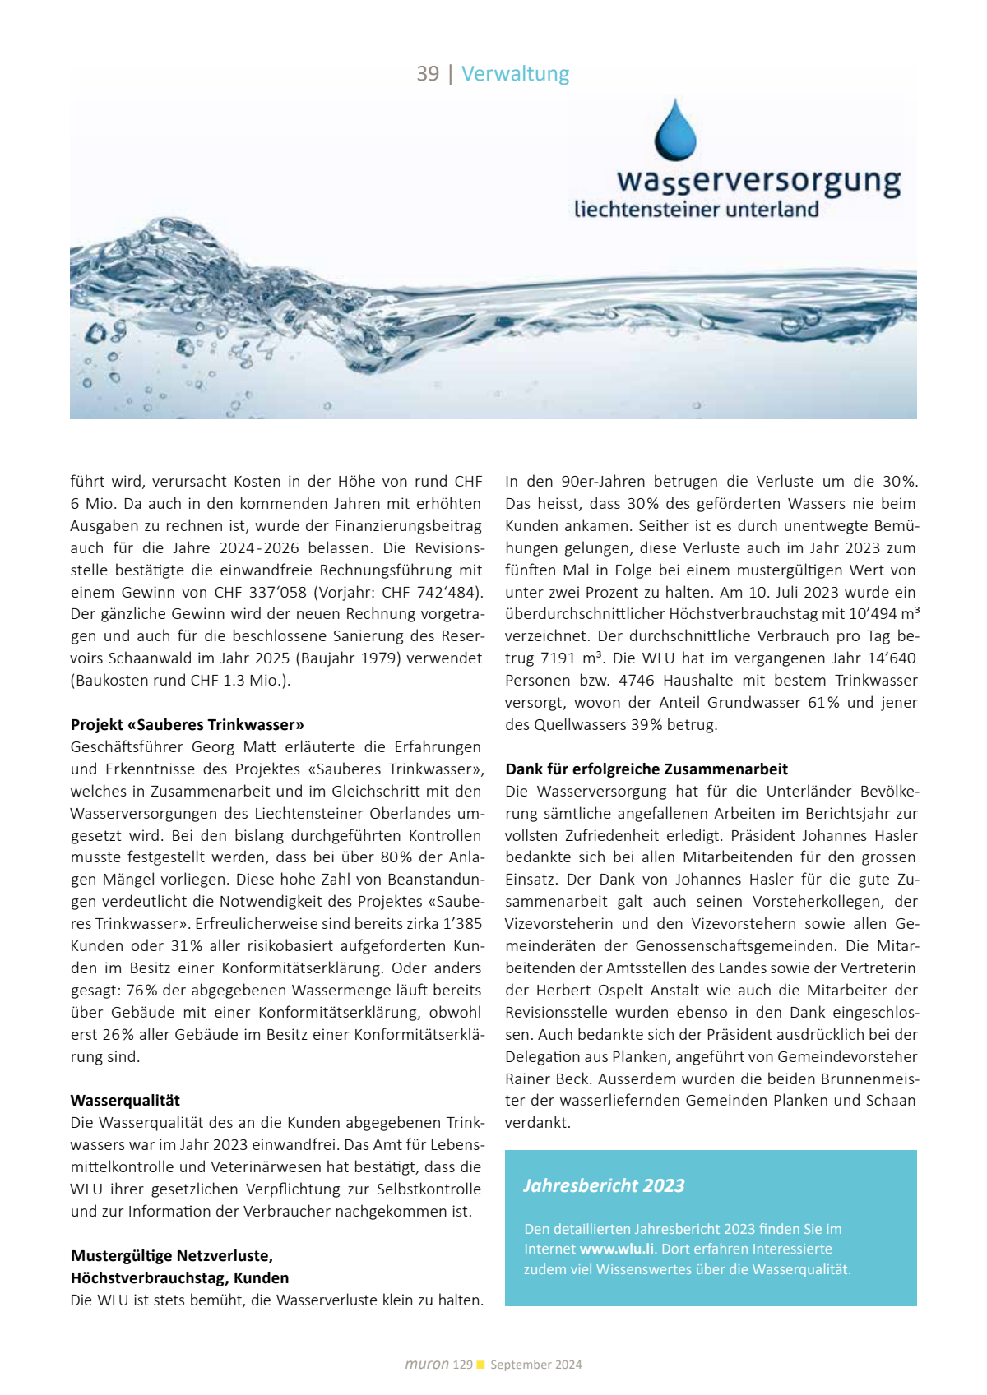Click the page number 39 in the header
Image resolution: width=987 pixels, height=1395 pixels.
pos(428,74)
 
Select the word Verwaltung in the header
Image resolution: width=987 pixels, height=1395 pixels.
pos(515,74)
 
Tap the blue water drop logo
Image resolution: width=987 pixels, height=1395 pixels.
pos(675,131)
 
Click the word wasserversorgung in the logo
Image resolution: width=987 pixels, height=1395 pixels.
pos(758,180)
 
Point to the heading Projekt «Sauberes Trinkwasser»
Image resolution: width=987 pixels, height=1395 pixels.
pos(188,725)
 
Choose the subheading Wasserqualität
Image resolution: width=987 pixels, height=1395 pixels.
pos(125,1101)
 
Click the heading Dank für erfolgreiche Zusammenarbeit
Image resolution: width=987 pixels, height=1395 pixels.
pos(646,769)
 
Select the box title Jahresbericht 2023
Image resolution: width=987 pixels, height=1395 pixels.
pos(604,1185)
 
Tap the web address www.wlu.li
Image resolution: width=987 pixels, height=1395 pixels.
pos(617,1249)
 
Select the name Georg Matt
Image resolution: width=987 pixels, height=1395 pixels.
pos(223,747)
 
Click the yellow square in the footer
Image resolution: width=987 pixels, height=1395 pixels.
pos(481,1365)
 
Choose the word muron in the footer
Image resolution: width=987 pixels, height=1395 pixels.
pos(426,1365)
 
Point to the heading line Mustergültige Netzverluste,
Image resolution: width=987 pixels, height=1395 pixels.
pos(172,1256)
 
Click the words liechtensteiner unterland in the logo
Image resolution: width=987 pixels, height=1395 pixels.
pos(696,210)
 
